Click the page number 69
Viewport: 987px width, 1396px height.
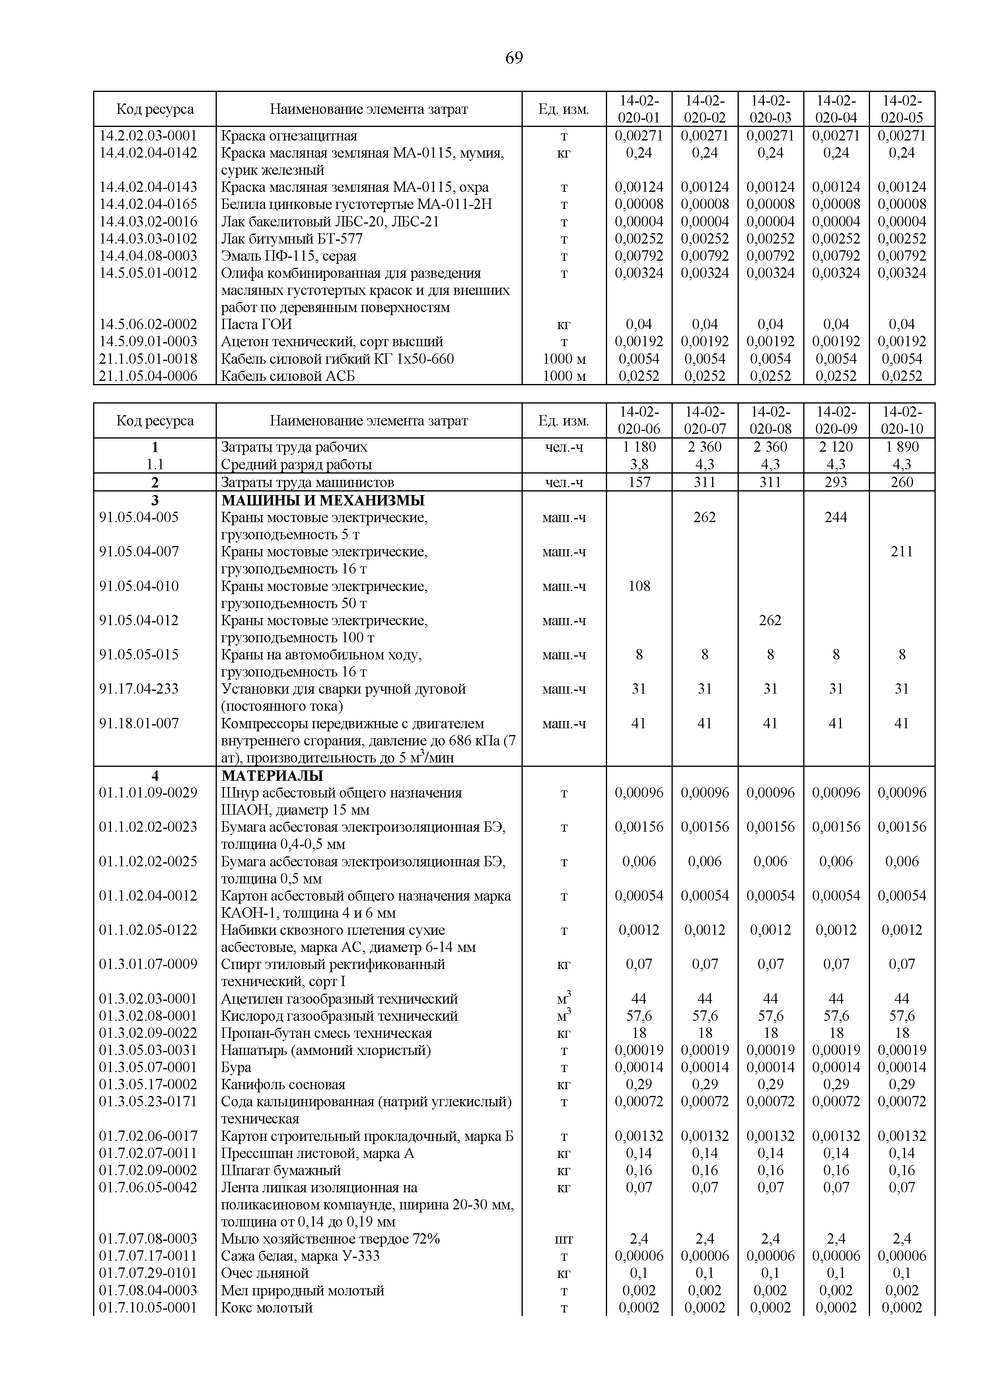(x=514, y=58)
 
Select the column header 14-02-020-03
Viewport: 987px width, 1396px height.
(x=770, y=109)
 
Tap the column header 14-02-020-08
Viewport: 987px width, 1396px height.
(x=770, y=420)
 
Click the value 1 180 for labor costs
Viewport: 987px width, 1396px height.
(x=639, y=447)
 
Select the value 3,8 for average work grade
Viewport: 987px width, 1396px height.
(x=639, y=464)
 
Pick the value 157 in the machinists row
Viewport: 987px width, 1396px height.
(x=639, y=482)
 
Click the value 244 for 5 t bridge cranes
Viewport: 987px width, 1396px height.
(x=836, y=517)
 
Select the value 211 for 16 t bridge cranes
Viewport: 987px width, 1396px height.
(x=901, y=552)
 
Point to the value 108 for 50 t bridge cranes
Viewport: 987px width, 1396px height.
(x=639, y=586)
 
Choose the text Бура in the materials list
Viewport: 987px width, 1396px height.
(x=236, y=1067)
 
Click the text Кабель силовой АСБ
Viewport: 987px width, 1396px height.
(x=288, y=376)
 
